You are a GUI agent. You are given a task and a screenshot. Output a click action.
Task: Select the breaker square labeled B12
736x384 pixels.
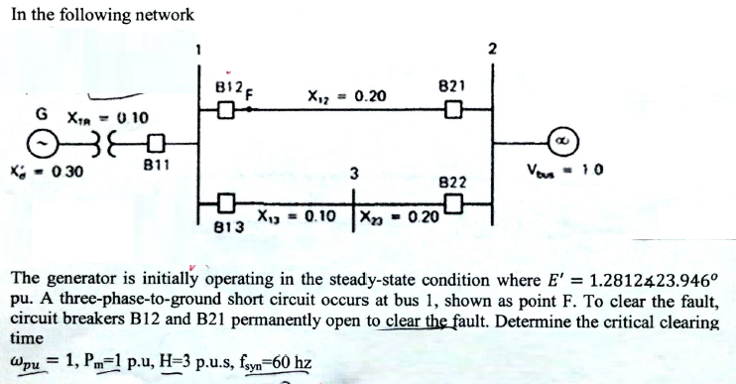click(x=225, y=108)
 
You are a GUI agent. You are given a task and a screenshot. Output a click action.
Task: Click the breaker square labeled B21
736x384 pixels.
click(x=453, y=108)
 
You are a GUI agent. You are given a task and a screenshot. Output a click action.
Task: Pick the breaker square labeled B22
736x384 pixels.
click(x=453, y=205)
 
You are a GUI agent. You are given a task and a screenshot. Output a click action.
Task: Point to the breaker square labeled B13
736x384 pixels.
click(x=225, y=205)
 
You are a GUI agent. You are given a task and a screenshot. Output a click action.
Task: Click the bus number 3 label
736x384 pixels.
click(x=352, y=176)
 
